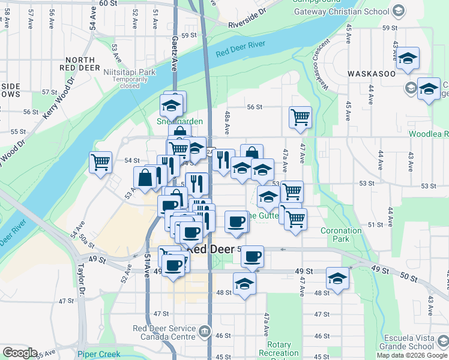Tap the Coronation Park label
[340, 234]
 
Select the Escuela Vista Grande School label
[402, 342]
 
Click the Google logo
[20, 353]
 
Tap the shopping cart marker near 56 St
[300, 117]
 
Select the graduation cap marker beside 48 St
[244, 284]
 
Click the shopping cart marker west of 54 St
[100, 162]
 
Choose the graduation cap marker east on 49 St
[338, 278]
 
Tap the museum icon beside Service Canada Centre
[205, 330]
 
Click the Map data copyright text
[411, 355]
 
